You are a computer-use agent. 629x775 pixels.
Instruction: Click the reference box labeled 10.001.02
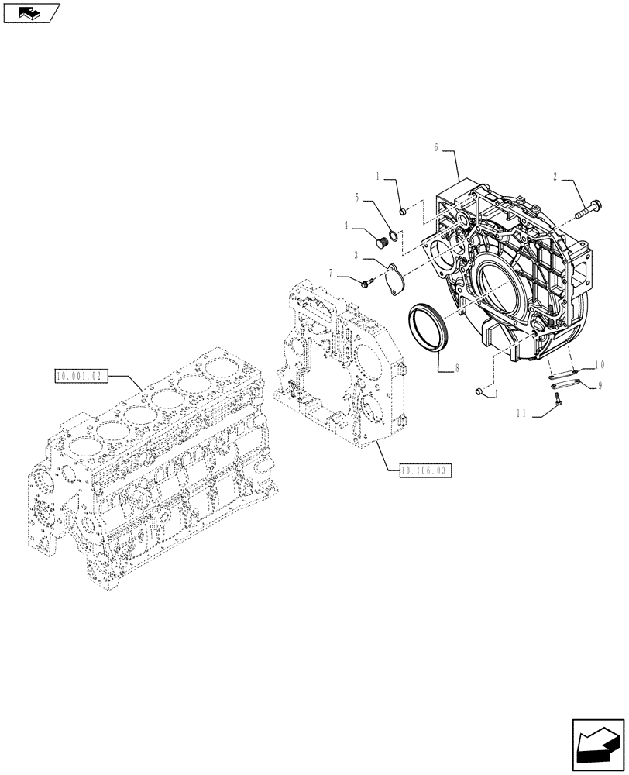click(x=80, y=377)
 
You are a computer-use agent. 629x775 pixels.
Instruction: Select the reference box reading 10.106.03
click(x=425, y=470)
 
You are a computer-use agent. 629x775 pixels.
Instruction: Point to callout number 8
click(x=456, y=369)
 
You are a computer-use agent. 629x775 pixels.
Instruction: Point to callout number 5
click(x=358, y=198)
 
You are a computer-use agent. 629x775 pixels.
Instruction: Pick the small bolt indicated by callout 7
click(x=366, y=283)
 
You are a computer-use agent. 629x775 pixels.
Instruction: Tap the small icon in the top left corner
click(x=30, y=12)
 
